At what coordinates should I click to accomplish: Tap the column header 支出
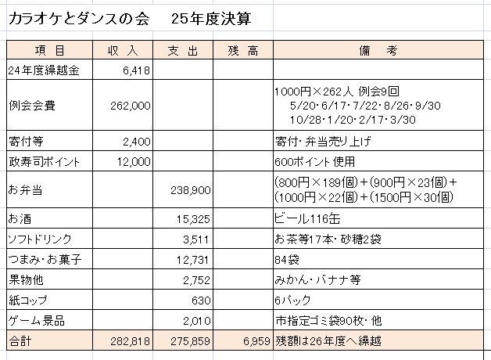[185, 51]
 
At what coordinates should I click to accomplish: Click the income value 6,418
[135, 70]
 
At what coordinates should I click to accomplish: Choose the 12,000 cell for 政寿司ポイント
[134, 162]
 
